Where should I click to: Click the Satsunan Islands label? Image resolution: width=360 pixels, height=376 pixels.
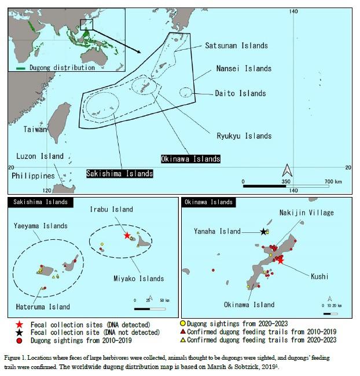point(236,46)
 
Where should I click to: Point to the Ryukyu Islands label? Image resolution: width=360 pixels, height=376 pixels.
point(244,136)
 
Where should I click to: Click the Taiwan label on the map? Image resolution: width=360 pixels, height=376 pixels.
point(35,130)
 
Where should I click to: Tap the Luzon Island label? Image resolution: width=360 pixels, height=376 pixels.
point(38,156)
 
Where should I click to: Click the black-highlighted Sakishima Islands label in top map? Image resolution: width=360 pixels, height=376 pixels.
point(120,173)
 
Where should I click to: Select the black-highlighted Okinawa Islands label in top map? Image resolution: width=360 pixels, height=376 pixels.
point(190,158)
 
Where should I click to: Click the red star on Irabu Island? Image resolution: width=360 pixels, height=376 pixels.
point(127,236)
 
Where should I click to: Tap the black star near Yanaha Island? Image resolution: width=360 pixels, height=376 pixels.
point(264,232)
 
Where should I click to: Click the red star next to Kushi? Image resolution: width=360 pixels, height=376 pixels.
point(281,260)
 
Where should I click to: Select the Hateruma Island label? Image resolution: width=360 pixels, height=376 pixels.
point(43,306)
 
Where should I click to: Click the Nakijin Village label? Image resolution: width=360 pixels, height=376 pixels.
point(306,213)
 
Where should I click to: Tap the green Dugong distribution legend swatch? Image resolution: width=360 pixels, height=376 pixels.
point(21,68)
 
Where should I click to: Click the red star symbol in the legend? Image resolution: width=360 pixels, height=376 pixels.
point(20,324)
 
